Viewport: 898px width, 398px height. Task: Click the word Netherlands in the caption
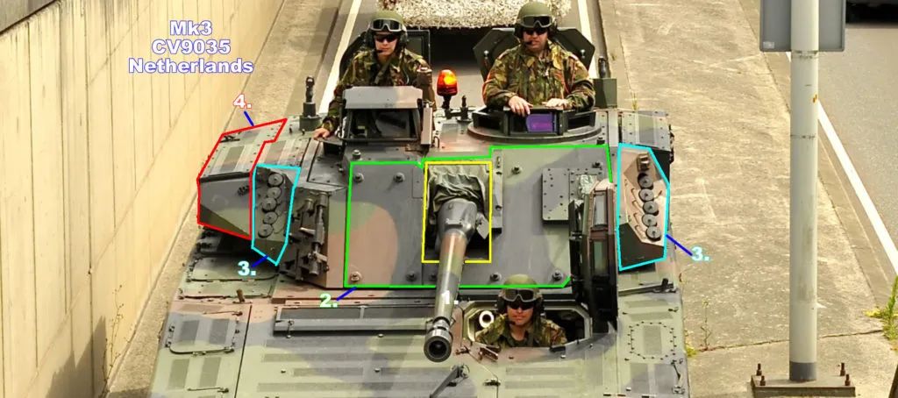click(x=191, y=66)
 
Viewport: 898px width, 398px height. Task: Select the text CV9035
click(x=190, y=47)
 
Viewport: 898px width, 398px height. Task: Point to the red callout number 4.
click(x=243, y=103)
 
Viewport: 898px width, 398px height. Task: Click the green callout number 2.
click(x=328, y=300)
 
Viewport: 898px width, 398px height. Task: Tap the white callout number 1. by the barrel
click(x=452, y=298)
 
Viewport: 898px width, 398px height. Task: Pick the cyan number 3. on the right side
click(x=700, y=253)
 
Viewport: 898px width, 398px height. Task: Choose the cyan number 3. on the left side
click(x=246, y=270)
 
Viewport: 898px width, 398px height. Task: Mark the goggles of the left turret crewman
click(x=387, y=25)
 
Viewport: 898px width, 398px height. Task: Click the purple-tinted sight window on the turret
click(x=540, y=122)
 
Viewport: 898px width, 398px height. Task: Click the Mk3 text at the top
click(x=190, y=27)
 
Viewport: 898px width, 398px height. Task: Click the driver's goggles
click(x=520, y=296)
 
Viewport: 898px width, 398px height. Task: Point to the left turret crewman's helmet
click(x=387, y=23)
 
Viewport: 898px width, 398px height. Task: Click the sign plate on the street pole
click(x=802, y=25)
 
